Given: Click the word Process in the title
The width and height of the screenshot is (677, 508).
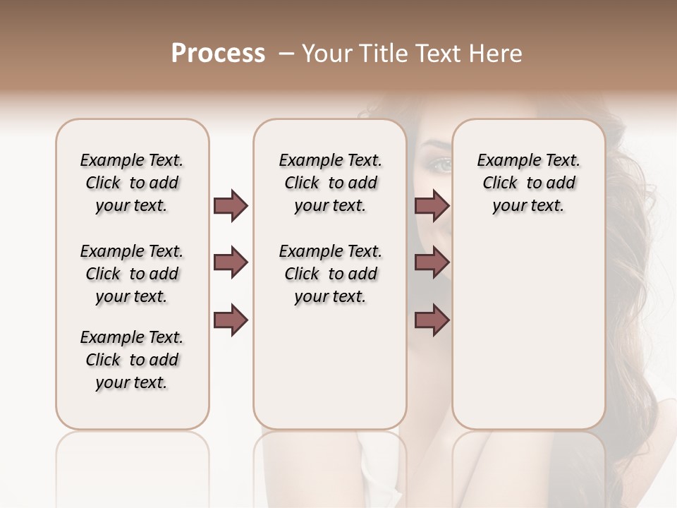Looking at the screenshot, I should point(218,54).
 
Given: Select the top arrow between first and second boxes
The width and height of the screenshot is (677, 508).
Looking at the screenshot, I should point(231,205).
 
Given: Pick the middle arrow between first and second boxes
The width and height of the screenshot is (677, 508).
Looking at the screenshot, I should point(231,263).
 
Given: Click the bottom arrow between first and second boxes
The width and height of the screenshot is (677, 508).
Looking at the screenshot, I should point(231,320).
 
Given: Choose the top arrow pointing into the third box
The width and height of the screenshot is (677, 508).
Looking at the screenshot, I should point(432,205).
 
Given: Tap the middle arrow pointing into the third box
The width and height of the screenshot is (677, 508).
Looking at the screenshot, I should point(432,263).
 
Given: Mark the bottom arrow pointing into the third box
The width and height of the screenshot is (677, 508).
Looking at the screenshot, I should point(432,320).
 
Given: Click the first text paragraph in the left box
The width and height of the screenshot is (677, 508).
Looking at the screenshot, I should point(132,183).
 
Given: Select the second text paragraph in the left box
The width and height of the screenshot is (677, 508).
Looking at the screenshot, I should point(132,274).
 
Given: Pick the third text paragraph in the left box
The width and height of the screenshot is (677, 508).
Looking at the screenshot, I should point(132,360).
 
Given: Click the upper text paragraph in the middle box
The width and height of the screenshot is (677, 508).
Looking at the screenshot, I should point(330,183).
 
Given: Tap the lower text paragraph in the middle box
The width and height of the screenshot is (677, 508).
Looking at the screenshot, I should point(330,274).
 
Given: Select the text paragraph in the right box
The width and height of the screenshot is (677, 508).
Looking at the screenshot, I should point(528,183).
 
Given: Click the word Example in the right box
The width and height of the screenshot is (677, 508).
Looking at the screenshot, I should point(506,161).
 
